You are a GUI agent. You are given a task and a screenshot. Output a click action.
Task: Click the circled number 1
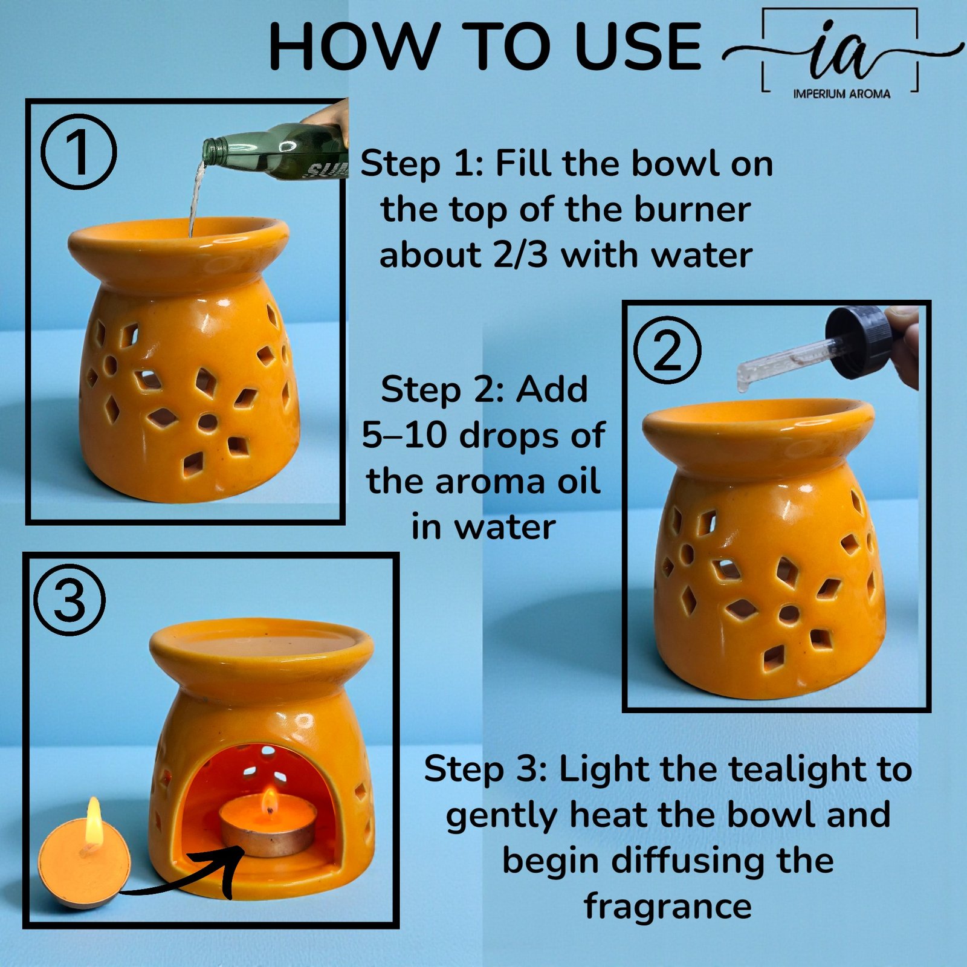[79, 154]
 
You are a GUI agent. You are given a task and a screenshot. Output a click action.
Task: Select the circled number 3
[69, 600]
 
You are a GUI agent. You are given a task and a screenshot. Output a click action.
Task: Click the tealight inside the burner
[267, 826]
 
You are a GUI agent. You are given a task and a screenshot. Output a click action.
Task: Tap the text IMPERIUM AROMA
[841, 94]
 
